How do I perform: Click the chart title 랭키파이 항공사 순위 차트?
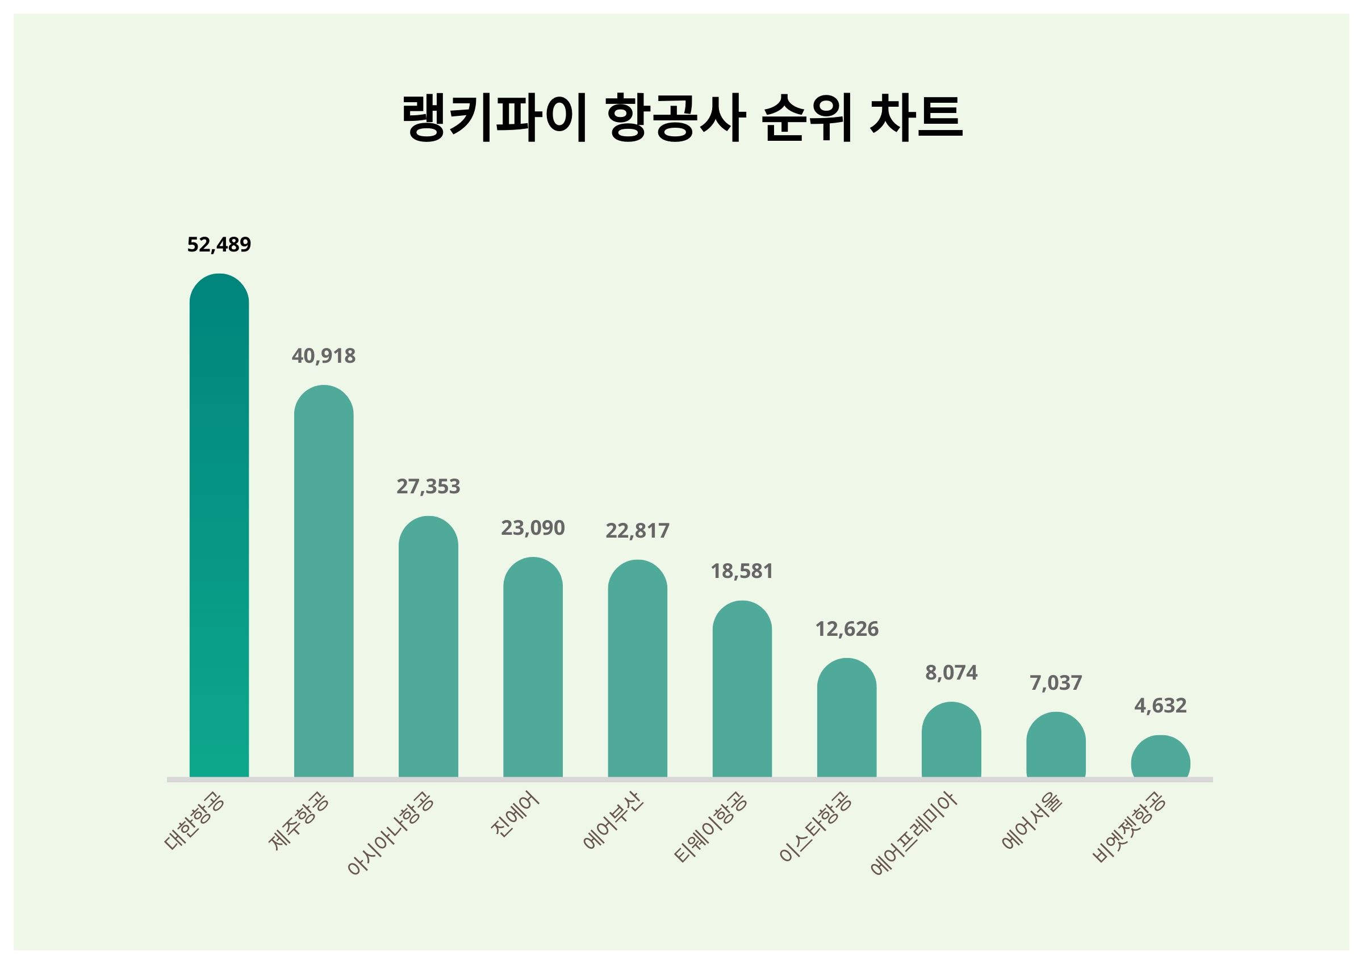click(681, 117)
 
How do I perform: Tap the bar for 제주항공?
click(324, 582)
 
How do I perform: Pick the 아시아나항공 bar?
click(428, 647)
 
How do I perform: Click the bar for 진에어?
click(533, 667)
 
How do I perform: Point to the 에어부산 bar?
click(637, 668)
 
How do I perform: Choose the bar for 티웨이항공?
click(742, 689)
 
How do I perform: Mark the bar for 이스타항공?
click(847, 718)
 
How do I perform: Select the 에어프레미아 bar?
click(951, 740)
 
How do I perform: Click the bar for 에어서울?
click(1056, 744)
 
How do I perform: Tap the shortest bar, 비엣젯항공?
click(1160, 756)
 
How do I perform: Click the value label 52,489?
click(219, 245)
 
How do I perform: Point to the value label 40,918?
click(324, 355)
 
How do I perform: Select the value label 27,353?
click(428, 486)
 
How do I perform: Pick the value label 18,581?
click(742, 571)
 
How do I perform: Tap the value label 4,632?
click(1160, 705)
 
